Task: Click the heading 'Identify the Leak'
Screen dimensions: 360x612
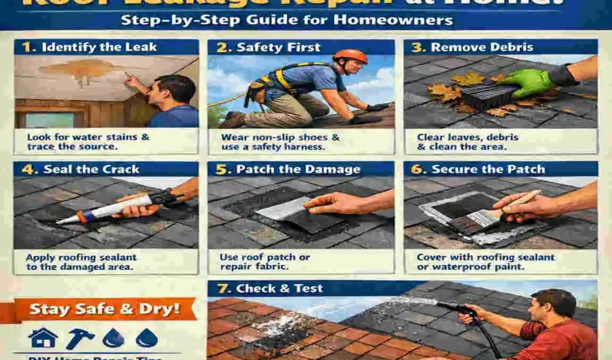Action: point(88,47)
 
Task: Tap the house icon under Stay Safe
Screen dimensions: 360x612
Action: point(43,338)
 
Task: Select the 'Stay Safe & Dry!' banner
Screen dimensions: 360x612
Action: point(102,310)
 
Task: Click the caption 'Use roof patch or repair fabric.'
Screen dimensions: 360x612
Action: point(264,262)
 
